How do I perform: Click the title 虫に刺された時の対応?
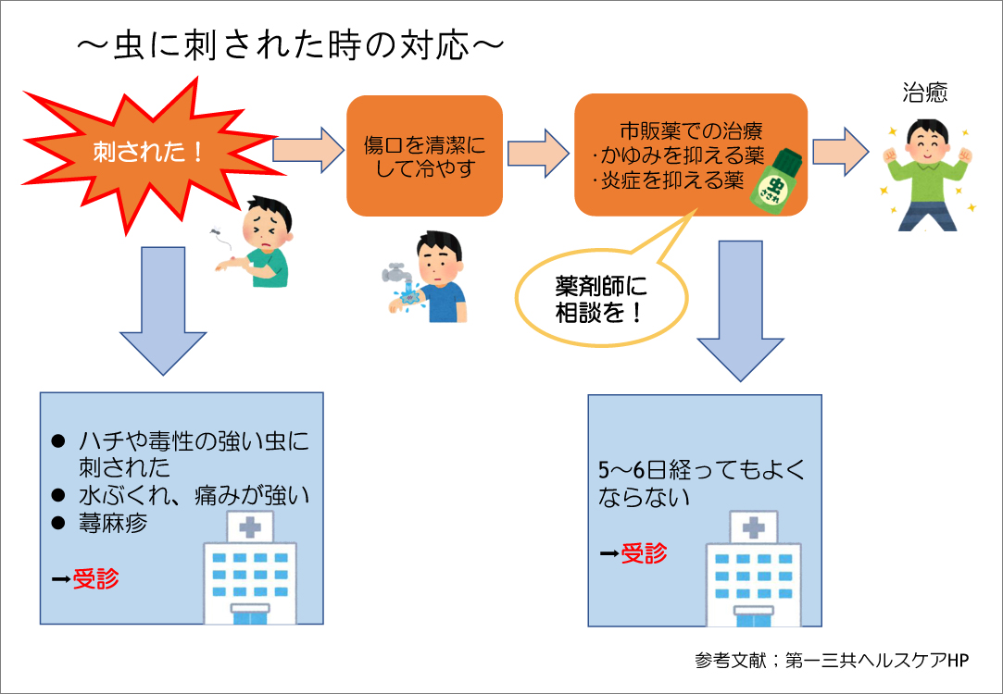[291, 45]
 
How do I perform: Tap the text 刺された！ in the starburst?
[148, 152]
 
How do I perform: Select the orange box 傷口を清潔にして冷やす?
[424, 155]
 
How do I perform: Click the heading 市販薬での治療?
[691, 131]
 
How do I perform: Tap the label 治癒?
[924, 93]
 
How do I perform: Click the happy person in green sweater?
[926, 175]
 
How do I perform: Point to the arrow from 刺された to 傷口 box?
[308, 150]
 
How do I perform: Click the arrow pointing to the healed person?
[841, 152]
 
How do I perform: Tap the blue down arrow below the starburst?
[163, 311]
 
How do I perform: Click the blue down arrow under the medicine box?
[740, 311]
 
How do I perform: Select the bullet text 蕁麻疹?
[113, 524]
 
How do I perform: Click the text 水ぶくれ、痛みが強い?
[194, 495]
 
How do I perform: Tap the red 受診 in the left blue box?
[96, 578]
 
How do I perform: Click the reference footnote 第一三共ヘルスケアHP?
[877, 660]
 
